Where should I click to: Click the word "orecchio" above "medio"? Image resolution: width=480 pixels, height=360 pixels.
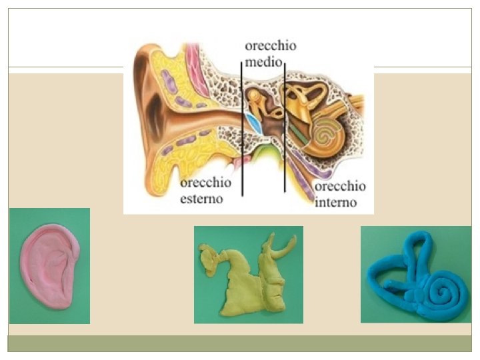click(x=271, y=47)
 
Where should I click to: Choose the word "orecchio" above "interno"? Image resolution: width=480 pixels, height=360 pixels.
click(x=339, y=187)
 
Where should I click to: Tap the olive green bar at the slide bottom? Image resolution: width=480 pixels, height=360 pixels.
click(x=240, y=343)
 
